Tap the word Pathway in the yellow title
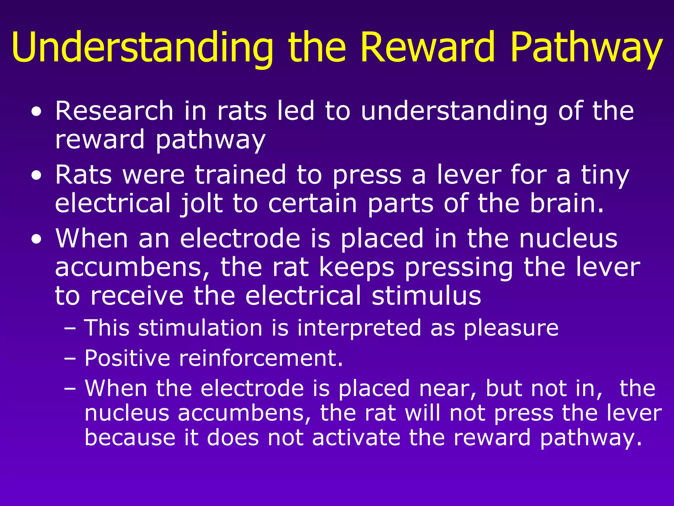point(586,47)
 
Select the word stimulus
point(426,295)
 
